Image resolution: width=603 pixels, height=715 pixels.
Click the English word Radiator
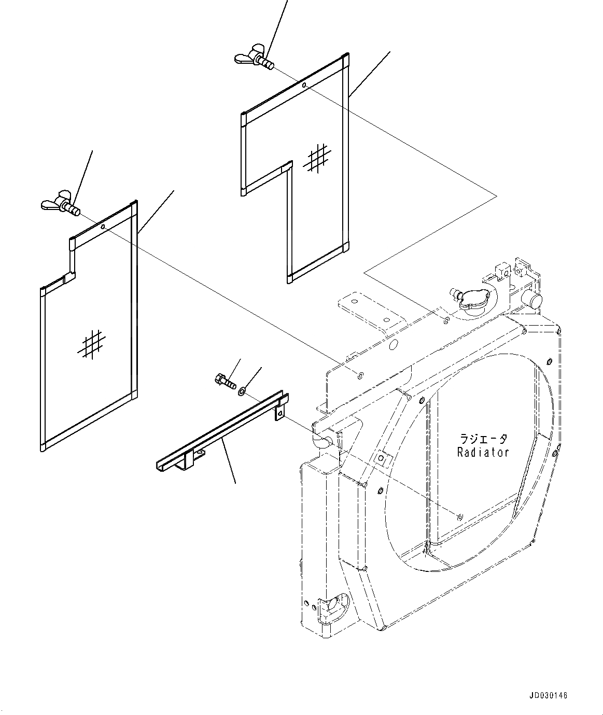(x=483, y=452)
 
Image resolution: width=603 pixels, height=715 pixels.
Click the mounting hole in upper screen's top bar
(x=304, y=85)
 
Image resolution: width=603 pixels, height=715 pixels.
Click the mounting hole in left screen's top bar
(x=103, y=227)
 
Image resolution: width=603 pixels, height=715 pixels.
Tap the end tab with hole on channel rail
(x=280, y=412)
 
